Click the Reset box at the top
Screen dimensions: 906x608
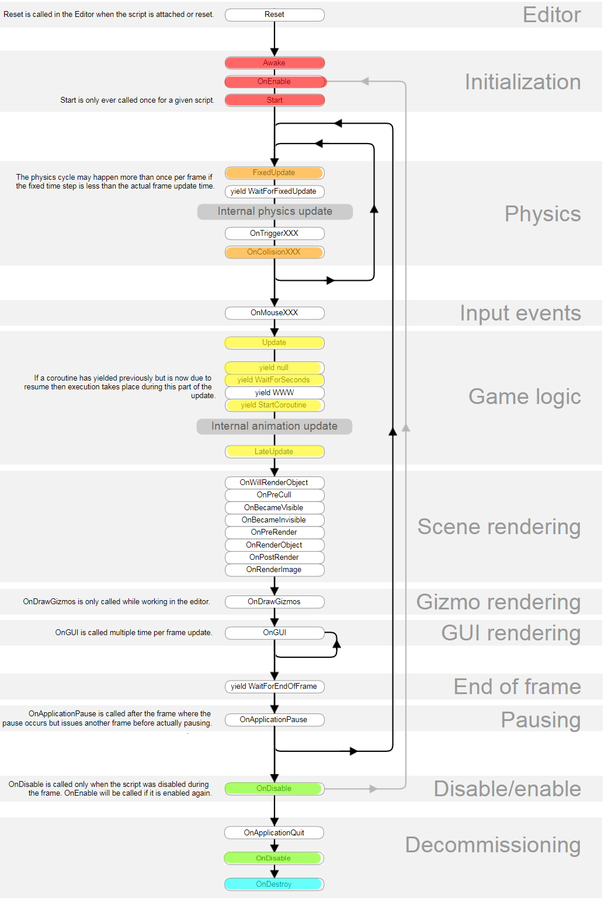coord(275,15)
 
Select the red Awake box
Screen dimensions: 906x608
coord(275,63)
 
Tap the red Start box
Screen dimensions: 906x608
coord(275,100)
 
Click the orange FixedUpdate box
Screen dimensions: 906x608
coord(275,173)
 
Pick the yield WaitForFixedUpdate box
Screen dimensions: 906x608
coord(275,191)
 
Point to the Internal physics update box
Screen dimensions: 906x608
coord(275,211)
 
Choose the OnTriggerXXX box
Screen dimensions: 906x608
coord(275,234)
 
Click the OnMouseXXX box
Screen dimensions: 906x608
coord(275,313)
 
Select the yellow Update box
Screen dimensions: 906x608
coord(275,343)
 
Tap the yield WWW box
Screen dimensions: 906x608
coord(275,393)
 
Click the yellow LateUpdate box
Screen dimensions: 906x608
coord(275,452)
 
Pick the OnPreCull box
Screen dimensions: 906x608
coord(275,495)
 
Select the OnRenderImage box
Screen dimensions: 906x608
coord(275,570)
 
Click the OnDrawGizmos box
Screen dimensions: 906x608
coord(275,602)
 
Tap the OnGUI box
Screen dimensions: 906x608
coord(275,633)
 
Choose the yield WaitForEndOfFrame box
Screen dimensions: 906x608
coord(275,687)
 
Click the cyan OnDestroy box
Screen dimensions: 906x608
coord(274,884)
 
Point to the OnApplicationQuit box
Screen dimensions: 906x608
coord(274,833)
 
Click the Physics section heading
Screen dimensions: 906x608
coord(543,214)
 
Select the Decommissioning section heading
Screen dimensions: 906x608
coord(493,845)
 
